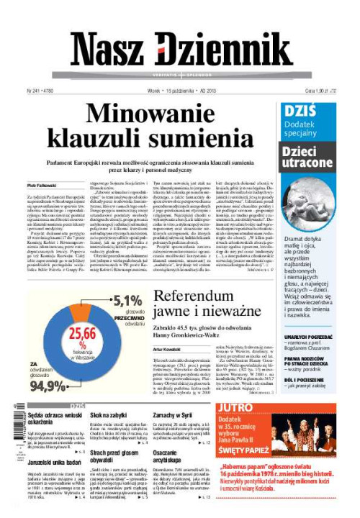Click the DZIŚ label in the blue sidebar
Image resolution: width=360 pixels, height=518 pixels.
298,113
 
